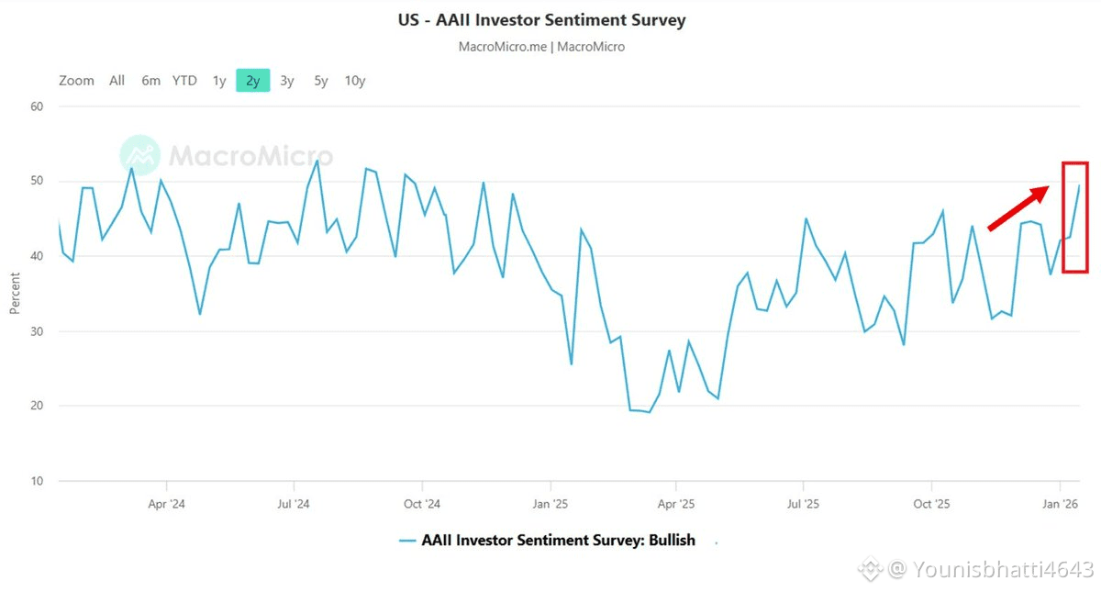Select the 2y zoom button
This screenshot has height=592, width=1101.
[x=253, y=81]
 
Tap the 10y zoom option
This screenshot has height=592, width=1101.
[x=355, y=81]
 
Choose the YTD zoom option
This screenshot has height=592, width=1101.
[x=184, y=81]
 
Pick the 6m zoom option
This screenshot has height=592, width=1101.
[x=150, y=81]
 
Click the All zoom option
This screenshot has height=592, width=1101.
[x=117, y=81]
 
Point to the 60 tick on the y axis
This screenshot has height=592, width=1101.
[x=38, y=106]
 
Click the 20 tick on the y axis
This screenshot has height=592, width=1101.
[x=38, y=406]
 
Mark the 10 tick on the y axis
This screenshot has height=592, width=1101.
[x=38, y=481]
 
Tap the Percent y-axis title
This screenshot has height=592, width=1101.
[x=15, y=292]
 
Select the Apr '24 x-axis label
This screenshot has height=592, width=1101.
[x=166, y=504]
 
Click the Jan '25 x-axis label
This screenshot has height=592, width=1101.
[x=550, y=504]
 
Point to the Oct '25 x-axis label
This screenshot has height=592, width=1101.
[x=931, y=504]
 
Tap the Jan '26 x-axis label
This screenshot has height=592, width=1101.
[x=1061, y=504]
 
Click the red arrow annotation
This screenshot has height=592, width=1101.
[x=1018, y=207]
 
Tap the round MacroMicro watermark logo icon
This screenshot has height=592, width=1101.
[x=139, y=155]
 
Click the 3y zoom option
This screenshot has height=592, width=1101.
[x=287, y=81]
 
